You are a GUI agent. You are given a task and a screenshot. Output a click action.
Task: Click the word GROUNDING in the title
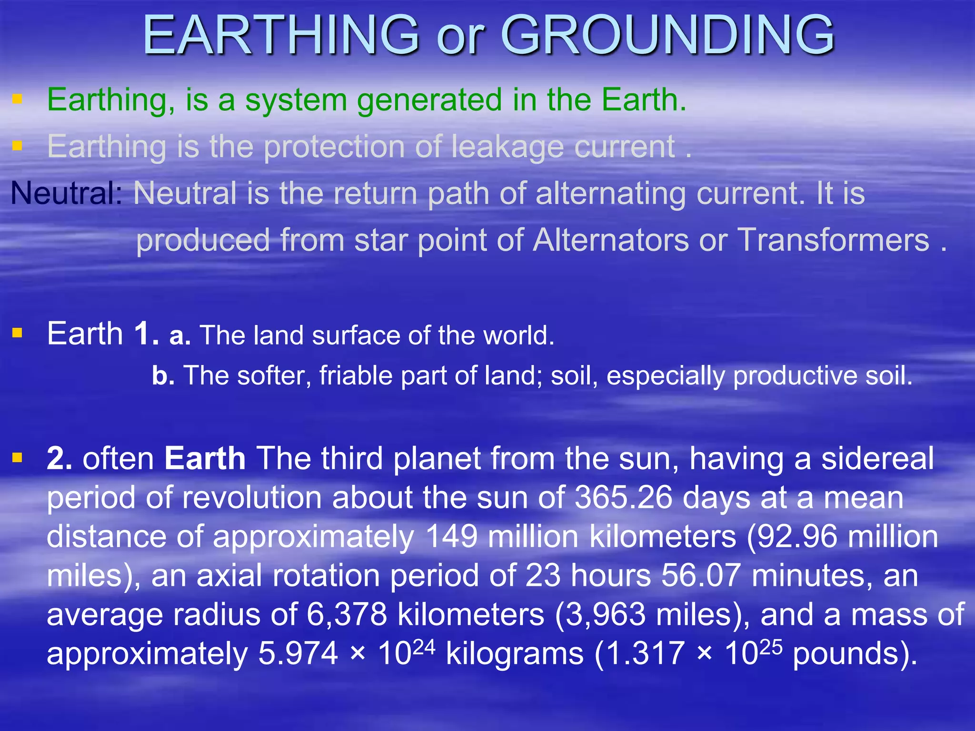pyautogui.click(x=667, y=35)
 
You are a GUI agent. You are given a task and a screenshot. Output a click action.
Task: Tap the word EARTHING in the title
pyautogui.click(x=281, y=35)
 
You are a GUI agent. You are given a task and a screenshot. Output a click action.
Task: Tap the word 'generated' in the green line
pyautogui.click(x=429, y=100)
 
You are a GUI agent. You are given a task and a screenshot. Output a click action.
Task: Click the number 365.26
pyautogui.click(x=623, y=498)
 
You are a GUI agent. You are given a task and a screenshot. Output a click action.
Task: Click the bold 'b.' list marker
pyautogui.click(x=163, y=375)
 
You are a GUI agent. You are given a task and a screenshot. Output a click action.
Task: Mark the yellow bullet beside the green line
pyautogui.click(x=18, y=99)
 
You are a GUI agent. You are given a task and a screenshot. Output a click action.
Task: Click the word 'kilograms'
pyautogui.click(x=515, y=654)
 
